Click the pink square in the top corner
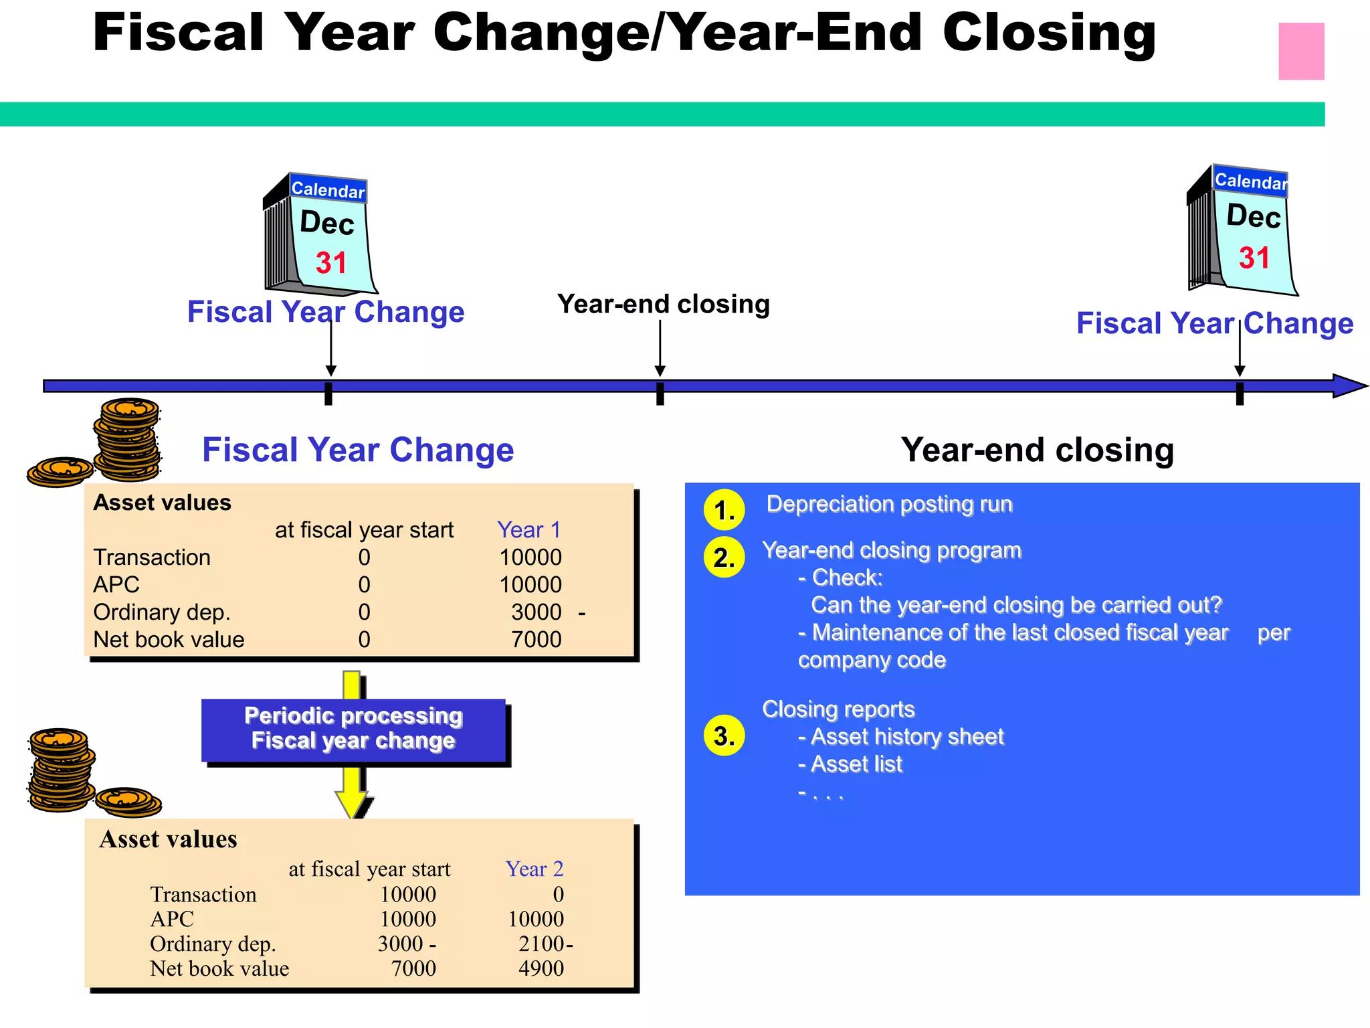[x=1301, y=52]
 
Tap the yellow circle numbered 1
[x=724, y=510]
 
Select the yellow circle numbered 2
[x=724, y=557]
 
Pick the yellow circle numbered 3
[x=724, y=736]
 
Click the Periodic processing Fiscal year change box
[x=353, y=729]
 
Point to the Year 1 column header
[x=528, y=530]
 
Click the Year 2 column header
[x=534, y=869]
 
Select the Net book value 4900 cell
[x=541, y=968]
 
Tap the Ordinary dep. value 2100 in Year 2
[x=542, y=944]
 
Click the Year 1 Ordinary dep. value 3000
[x=536, y=612]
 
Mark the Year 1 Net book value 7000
[x=536, y=640]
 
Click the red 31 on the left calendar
[x=332, y=262]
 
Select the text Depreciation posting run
[x=889, y=504]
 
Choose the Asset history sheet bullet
[x=906, y=737]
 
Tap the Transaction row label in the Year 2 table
[x=203, y=895]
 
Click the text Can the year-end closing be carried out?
[x=1016, y=605]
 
